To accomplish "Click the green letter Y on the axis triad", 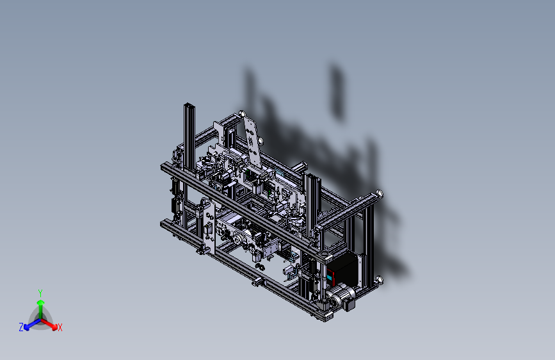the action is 40,293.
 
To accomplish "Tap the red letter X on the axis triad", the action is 60,328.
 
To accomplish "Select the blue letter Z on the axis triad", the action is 21,327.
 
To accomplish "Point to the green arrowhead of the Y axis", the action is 41,303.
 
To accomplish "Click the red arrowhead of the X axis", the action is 54,327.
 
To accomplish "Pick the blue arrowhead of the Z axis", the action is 26,327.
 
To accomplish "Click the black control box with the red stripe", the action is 342,268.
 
